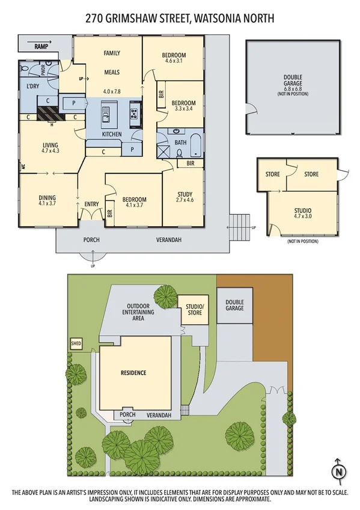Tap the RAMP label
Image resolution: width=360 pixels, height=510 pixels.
(41, 46)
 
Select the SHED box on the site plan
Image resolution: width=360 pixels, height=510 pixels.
(76, 343)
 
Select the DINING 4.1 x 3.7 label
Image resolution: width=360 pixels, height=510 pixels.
(46, 200)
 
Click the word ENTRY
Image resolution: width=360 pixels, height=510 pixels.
(91, 204)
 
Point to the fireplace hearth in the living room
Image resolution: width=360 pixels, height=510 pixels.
(47, 114)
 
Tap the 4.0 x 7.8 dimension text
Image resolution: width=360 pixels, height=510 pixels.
(112, 91)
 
